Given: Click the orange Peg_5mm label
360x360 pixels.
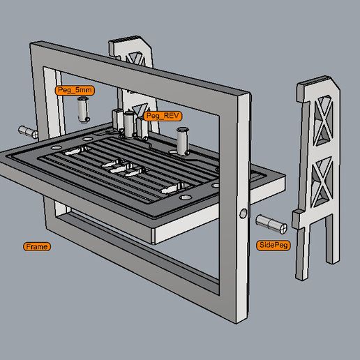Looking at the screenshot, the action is pos(75,90).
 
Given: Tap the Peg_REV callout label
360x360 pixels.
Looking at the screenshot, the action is pos(163,116).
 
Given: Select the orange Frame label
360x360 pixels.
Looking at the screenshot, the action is pos(37,246).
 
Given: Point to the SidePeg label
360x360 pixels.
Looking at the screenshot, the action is pos(273,245).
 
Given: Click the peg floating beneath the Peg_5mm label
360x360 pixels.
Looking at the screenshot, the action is pos(84,110).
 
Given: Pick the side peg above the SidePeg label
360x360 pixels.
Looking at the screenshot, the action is pos(271,224).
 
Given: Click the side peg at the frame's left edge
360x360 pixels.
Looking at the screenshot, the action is pos(28,132).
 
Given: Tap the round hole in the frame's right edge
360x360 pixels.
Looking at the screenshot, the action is pos(243,213).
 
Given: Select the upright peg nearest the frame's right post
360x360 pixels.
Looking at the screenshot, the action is pos(183,141).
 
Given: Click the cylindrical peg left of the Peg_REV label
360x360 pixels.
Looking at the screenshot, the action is pos(129,124).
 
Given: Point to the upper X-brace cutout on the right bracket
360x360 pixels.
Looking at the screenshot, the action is pos(322,120).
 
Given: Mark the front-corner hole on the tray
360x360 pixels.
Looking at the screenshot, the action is pos(186,197).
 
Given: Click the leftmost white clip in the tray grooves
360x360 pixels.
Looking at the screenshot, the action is pos(75,151).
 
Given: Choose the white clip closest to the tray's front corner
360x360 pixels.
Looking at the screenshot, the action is pos(173,188).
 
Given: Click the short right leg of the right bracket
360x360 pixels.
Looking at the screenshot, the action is pos(332,239).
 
